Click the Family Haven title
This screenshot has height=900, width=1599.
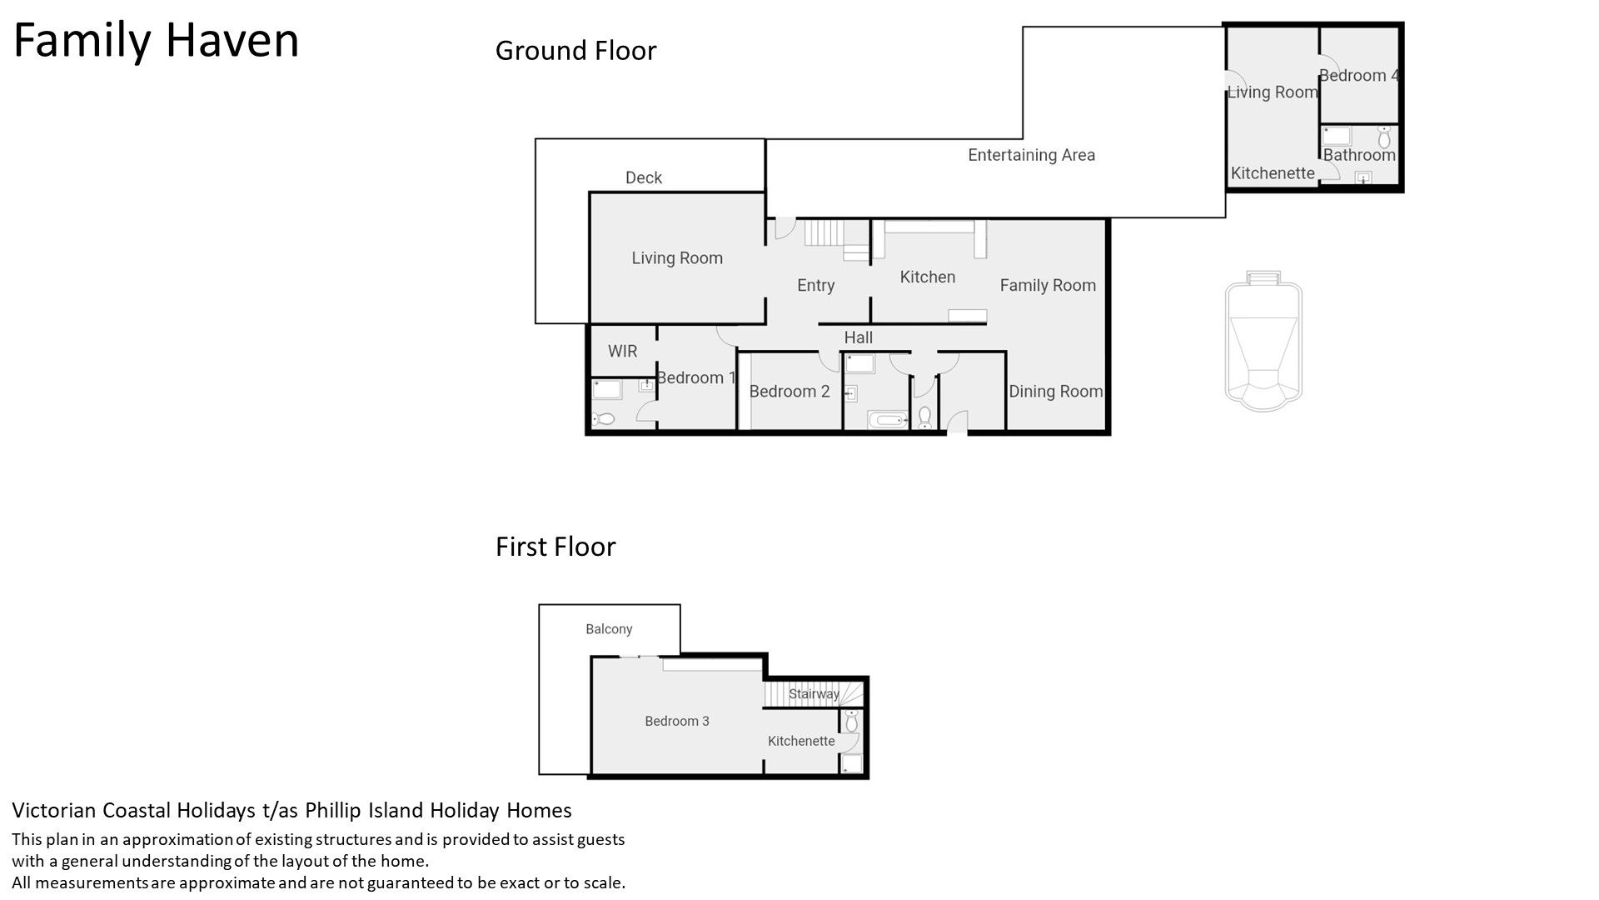156,40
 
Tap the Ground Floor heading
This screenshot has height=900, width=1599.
575,51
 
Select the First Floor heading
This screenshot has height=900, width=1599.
555,547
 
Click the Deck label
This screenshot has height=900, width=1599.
644,177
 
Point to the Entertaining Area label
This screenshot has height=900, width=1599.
1031,155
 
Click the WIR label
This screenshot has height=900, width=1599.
622,351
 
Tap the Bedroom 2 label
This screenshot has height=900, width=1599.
790,391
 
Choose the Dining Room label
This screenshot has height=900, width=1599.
1055,392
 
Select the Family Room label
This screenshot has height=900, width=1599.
1048,286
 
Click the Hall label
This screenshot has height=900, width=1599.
859,337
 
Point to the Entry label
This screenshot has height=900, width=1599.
815,286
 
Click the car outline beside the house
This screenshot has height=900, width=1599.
1263,340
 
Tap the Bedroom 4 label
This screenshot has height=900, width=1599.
1359,76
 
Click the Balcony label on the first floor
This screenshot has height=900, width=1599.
609,629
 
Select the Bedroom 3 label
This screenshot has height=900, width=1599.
677,721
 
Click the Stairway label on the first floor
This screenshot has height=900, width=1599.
814,694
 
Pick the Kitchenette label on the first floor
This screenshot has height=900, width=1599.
801,741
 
